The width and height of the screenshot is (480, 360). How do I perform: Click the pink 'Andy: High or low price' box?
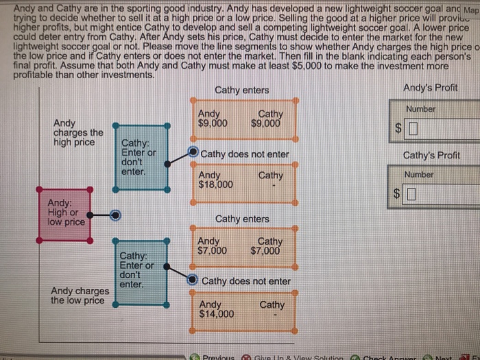click(66, 213)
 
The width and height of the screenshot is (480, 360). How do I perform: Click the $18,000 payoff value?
click(215, 184)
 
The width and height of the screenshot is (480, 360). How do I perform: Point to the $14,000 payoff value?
click(216, 314)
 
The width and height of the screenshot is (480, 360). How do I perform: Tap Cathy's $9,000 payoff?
click(267, 124)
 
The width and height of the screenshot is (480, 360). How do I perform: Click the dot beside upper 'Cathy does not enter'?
click(193, 154)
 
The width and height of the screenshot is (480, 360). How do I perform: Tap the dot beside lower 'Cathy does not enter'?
click(193, 280)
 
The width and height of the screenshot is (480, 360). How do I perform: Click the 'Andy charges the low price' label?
click(78, 296)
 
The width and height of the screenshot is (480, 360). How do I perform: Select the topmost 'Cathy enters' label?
click(241, 90)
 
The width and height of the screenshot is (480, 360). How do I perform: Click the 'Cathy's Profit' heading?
click(431, 155)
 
